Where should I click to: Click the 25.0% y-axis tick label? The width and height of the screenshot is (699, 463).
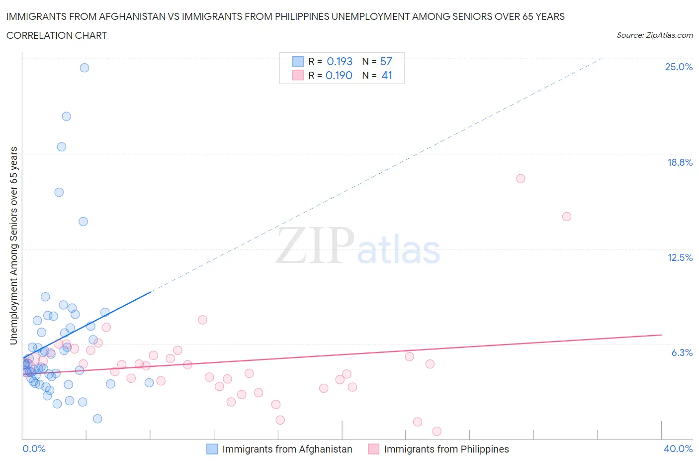[679, 67]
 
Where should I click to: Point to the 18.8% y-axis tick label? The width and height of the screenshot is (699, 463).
[680, 162]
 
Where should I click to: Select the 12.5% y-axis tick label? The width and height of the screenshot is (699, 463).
[680, 257]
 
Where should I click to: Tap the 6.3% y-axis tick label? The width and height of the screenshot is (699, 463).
[682, 352]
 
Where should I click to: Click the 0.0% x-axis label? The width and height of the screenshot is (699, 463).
[34, 449]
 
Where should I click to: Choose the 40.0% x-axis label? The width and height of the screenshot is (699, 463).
[678, 449]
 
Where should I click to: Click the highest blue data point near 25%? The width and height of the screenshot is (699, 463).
[85, 68]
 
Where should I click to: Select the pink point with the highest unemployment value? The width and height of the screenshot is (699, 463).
[521, 179]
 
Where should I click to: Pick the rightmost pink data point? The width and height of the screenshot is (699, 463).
[566, 217]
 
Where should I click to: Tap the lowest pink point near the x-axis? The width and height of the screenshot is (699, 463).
[437, 431]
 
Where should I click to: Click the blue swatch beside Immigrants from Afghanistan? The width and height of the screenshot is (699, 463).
[212, 449]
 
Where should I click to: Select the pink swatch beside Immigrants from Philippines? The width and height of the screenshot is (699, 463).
[373, 449]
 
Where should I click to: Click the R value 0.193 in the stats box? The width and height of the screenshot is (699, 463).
[340, 61]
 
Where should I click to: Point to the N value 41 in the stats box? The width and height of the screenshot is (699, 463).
[387, 75]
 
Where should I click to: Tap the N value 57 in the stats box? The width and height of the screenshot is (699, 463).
[386, 61]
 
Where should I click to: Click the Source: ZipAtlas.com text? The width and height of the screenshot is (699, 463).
[654, 35]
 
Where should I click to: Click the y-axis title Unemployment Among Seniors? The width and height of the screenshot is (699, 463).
[14, 245]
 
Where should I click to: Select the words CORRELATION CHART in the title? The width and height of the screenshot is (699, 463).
[57, 35]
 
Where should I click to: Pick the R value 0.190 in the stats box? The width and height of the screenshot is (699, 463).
[339, 75]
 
